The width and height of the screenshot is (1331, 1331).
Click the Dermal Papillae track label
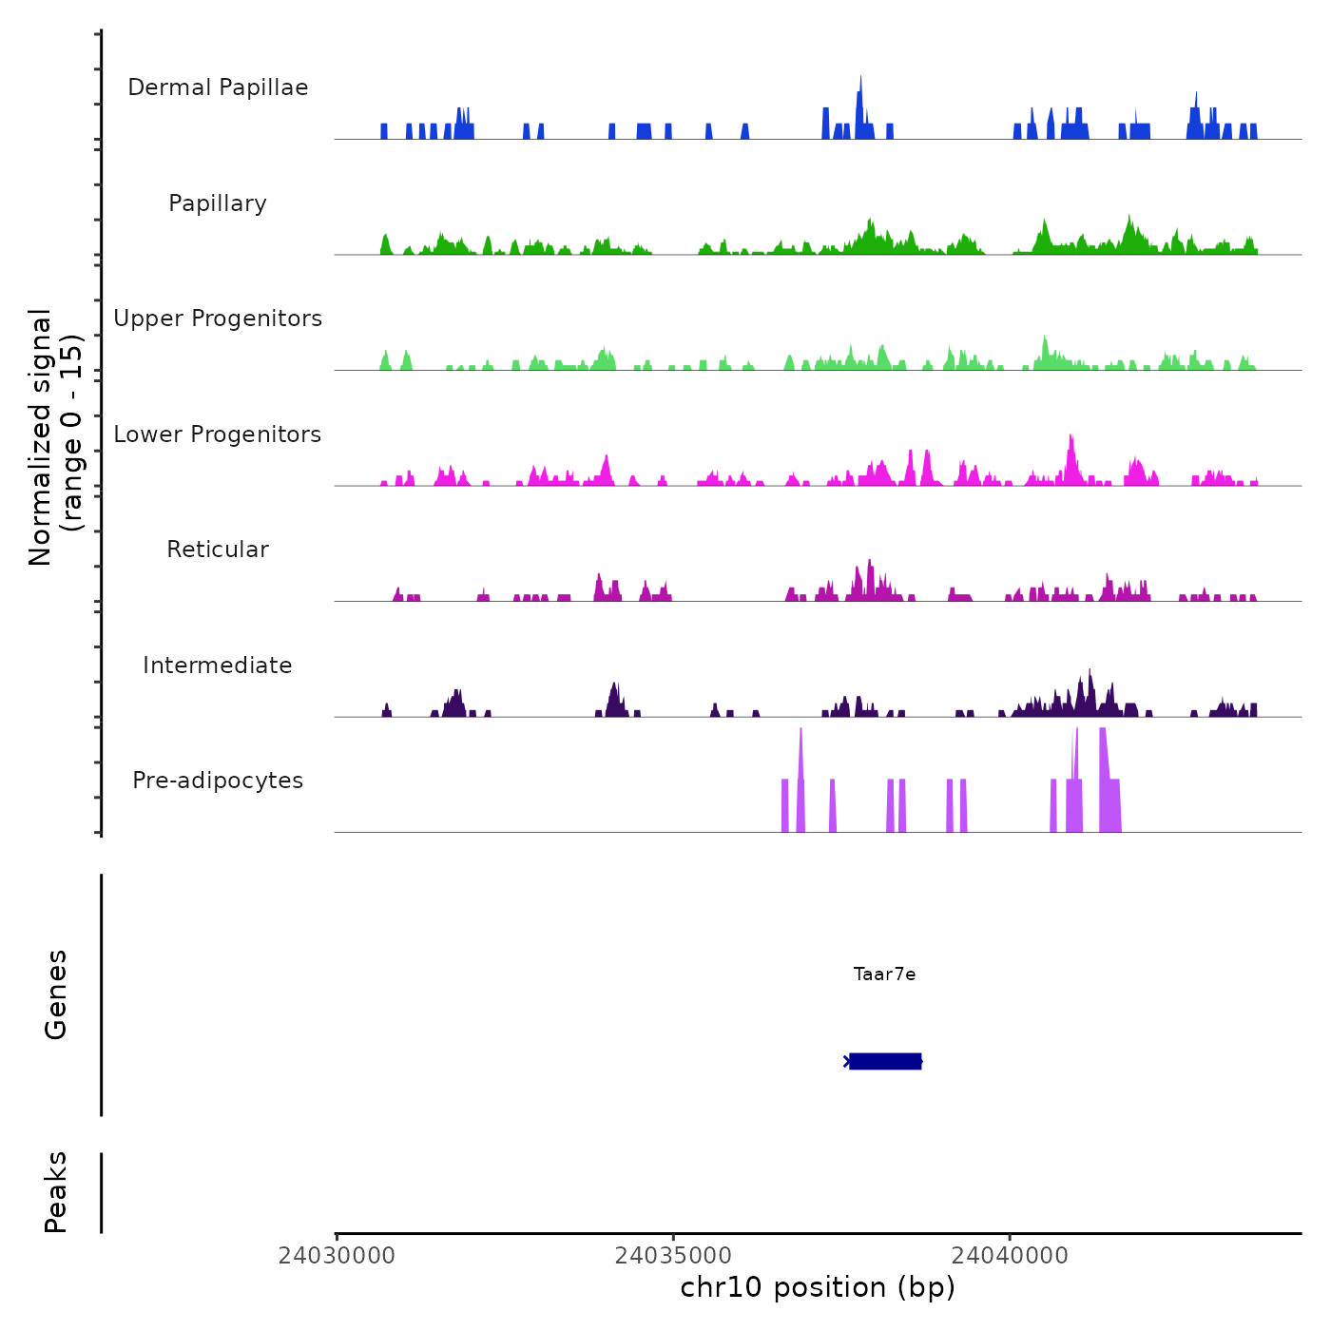[218, 87]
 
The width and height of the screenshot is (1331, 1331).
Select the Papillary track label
[218, 203]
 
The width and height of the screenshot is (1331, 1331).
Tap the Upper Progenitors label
[218, 318]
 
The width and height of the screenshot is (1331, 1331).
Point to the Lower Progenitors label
[218, 434]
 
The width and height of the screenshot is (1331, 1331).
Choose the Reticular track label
[218, 550]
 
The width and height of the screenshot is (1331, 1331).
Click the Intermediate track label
[218, 665]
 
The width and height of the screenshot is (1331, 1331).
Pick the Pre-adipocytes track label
[218, 781]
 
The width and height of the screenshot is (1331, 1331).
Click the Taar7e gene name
[884, 974]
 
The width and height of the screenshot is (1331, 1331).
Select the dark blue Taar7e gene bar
[885, 1061]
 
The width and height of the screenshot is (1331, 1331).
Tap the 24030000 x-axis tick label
[337, 1256]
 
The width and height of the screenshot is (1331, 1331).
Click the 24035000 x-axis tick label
[673, 1256]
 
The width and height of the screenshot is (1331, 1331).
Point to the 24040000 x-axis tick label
[1010, 1256]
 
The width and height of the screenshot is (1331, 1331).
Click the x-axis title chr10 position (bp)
[818, 1288]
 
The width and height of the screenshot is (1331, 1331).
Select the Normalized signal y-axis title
[55, 436]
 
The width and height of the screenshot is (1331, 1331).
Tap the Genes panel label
[56, 994]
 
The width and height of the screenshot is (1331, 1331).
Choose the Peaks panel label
[56, 1192]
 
